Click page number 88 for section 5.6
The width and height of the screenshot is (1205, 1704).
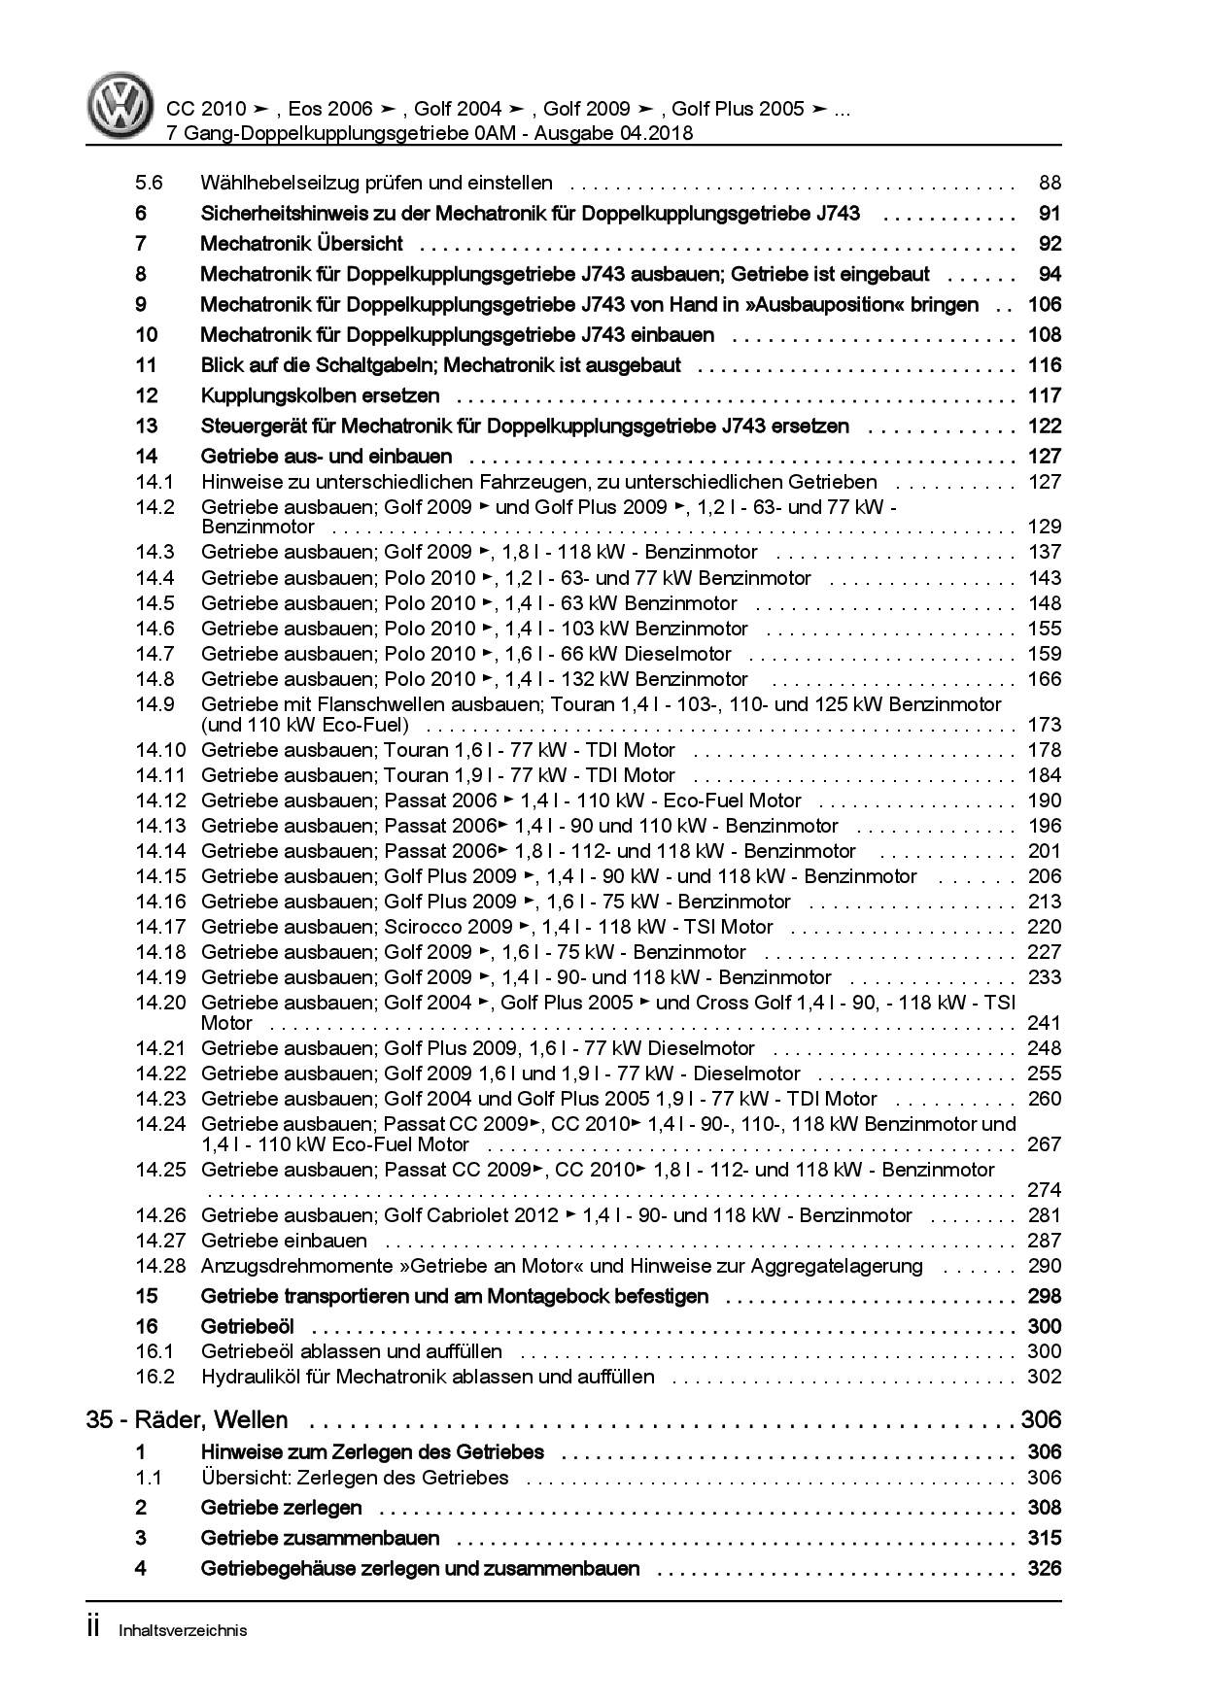(1049, 183)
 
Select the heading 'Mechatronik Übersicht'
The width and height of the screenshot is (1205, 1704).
(301, 244)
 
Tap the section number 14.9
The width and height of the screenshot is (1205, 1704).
(155, 704)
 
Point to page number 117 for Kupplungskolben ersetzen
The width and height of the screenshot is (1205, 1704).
(1044, 395)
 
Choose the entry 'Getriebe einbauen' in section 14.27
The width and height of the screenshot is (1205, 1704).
(284, 1241)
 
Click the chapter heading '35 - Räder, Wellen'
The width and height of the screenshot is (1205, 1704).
(187, 1420)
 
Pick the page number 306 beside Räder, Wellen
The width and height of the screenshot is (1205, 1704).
(1041, 1420)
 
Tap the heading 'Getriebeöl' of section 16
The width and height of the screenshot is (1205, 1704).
(247, 1326)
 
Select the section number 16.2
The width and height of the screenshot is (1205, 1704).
(155, 1377)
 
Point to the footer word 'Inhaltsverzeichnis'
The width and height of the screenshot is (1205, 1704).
(183, 1630)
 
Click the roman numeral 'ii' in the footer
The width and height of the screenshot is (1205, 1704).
(93, 1628)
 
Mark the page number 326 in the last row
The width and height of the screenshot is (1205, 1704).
(1044, 1568)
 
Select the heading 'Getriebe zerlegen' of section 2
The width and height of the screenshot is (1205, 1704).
(281, 1508)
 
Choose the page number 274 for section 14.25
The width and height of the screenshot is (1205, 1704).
(1044, 1190)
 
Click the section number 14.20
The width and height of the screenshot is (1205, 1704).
(160, 1003)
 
